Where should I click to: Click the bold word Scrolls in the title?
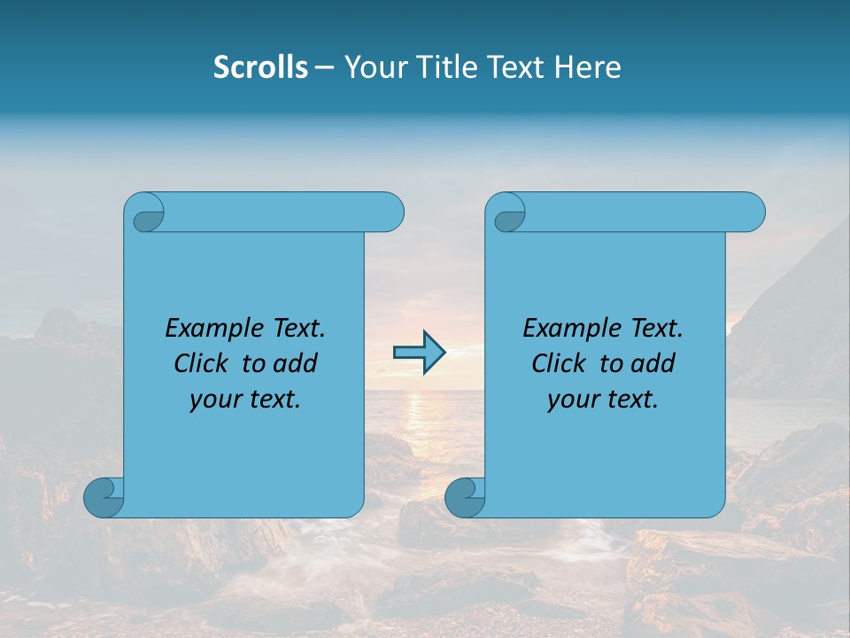260,67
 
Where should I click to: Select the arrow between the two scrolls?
419,354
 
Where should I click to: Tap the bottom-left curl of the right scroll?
465,497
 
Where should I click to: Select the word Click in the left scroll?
199,363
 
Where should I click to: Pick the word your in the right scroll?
572,400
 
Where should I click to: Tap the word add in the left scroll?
296,363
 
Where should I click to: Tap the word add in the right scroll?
653,363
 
